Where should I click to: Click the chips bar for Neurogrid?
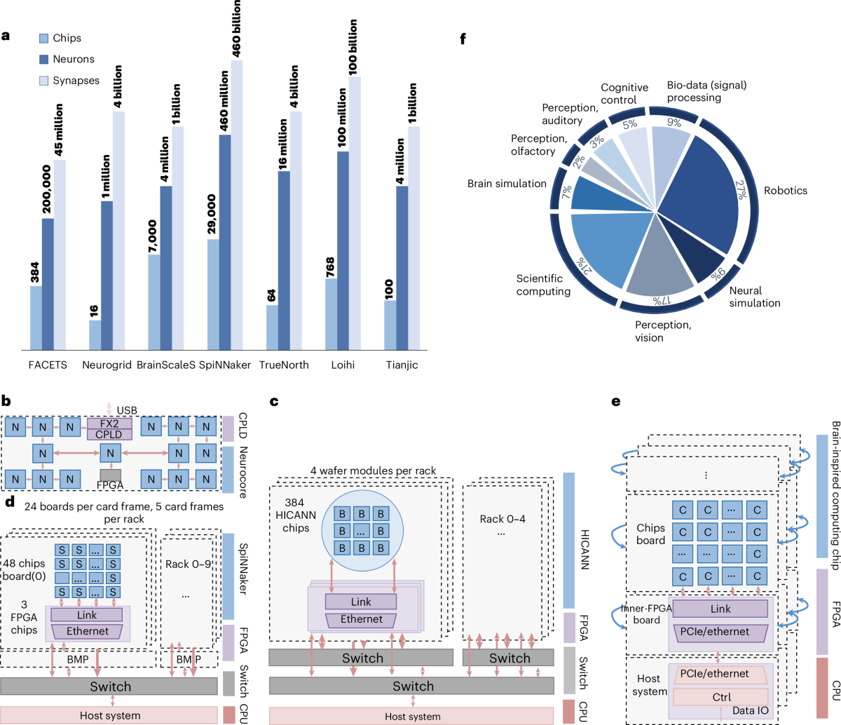point(95,335)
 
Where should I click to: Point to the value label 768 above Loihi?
point(331,267)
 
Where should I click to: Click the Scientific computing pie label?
point(543,285)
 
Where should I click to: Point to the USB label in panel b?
point(127,410)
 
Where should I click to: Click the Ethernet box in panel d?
point(87,631)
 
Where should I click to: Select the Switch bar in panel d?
point(109,686)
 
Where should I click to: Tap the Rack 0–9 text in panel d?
point(188,544)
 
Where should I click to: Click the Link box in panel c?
point(361,602)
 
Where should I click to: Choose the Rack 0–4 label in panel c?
point(502,519)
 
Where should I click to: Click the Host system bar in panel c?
point(412,716)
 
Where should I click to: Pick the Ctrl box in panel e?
point(721,697)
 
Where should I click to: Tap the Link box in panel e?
point(720,609)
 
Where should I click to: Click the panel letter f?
point(463,39)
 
